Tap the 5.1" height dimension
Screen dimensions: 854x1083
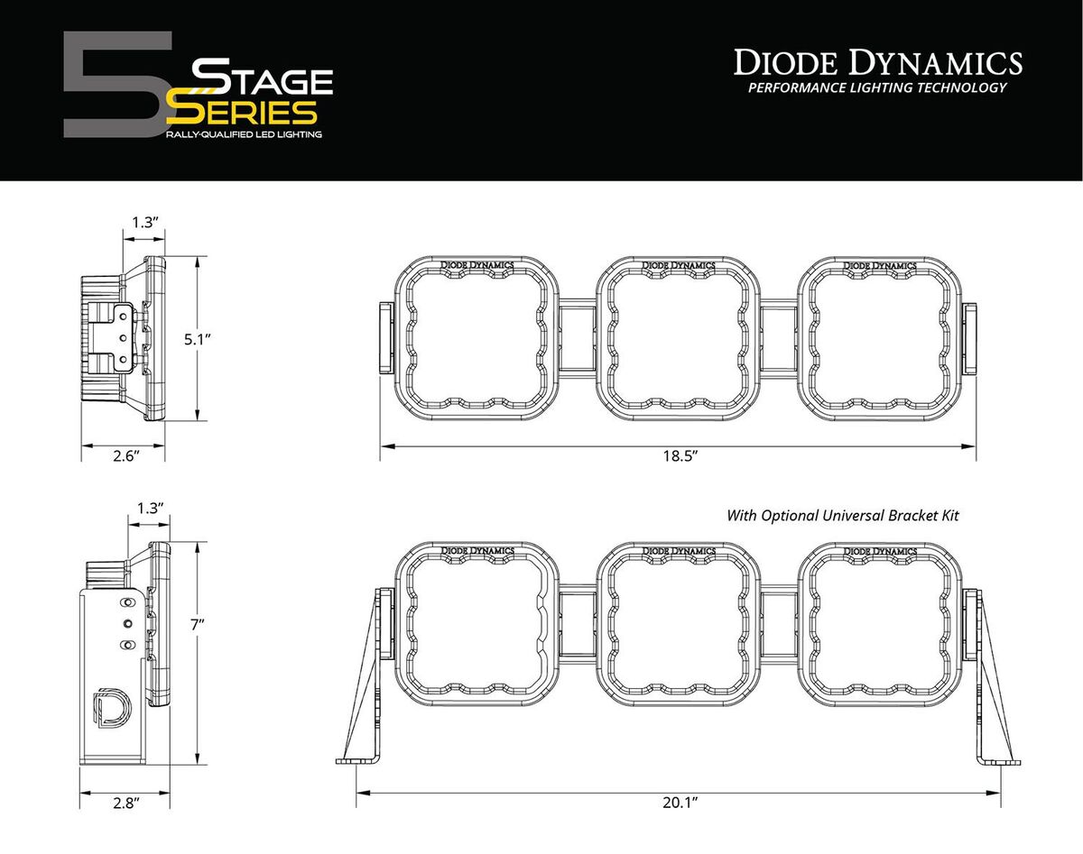[196, 339]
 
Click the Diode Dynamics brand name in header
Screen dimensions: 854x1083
[877, 63]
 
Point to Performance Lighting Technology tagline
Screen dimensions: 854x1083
[877, 88]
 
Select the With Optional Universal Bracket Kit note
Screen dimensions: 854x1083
[842, 516]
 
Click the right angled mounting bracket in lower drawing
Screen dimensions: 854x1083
[993, 685]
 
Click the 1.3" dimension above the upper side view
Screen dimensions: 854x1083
[144, 222]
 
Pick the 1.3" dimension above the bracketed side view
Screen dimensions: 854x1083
[150, 509]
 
